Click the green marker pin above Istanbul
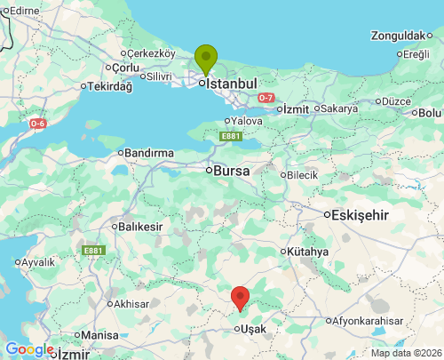(x=206, y=58)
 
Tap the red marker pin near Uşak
(x=240, y=298)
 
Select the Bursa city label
(x=231, y=169)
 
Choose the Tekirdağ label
(x=110, y=86)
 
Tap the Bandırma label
(x=149, y=153)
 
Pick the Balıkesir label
(x=140, y=227)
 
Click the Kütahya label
(x=307, y=252)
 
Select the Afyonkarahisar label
(x=373, y=320)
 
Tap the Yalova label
(x=245, y=121)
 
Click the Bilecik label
(x=302, y=175)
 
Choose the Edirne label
(x=25, y=10)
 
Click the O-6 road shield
(x=37, y=124)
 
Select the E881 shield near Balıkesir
(x=94, y=252)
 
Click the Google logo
(x=28, y=349)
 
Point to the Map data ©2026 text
(x=405, y=353)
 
